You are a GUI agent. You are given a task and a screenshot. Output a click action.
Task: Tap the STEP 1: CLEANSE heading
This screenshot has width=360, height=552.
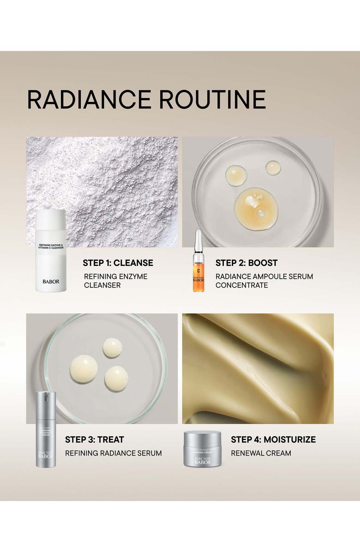118,263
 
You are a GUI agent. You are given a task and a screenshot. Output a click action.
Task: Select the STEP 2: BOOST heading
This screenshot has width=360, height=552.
246,263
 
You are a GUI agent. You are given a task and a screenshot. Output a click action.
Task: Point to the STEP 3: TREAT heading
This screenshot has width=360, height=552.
94,439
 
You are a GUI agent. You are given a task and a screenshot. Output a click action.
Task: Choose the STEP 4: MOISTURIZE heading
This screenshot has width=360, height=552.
273,439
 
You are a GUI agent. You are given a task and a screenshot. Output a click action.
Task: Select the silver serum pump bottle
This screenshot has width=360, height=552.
46,429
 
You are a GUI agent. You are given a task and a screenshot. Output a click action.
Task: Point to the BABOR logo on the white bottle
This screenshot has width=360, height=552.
51,282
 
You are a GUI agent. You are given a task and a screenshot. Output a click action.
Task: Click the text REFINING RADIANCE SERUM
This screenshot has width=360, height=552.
113,453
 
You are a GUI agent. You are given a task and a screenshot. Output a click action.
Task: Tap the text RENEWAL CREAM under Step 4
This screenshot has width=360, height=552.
261,453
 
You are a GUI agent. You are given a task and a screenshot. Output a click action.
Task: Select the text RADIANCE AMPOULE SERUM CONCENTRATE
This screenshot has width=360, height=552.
264,281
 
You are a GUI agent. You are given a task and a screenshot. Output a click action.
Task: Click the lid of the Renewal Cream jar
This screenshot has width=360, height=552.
202,436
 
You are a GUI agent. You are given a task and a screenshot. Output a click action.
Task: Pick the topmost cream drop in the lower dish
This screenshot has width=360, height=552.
112,348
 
